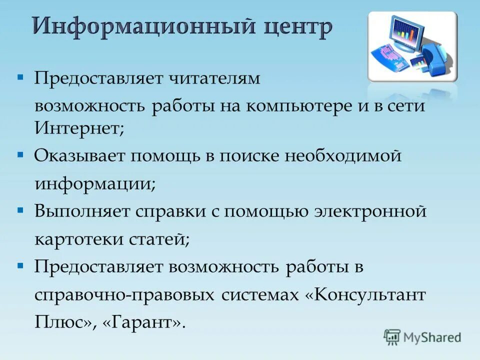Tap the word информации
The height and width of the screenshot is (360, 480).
click(x=94, y=184)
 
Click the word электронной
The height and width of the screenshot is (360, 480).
click(x=370, y=212)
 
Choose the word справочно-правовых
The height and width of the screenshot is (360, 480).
click(x=124, y=295)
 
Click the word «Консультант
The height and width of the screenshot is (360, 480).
click(x=365, y=295)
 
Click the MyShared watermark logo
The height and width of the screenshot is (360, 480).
click(x=422, y=337)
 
